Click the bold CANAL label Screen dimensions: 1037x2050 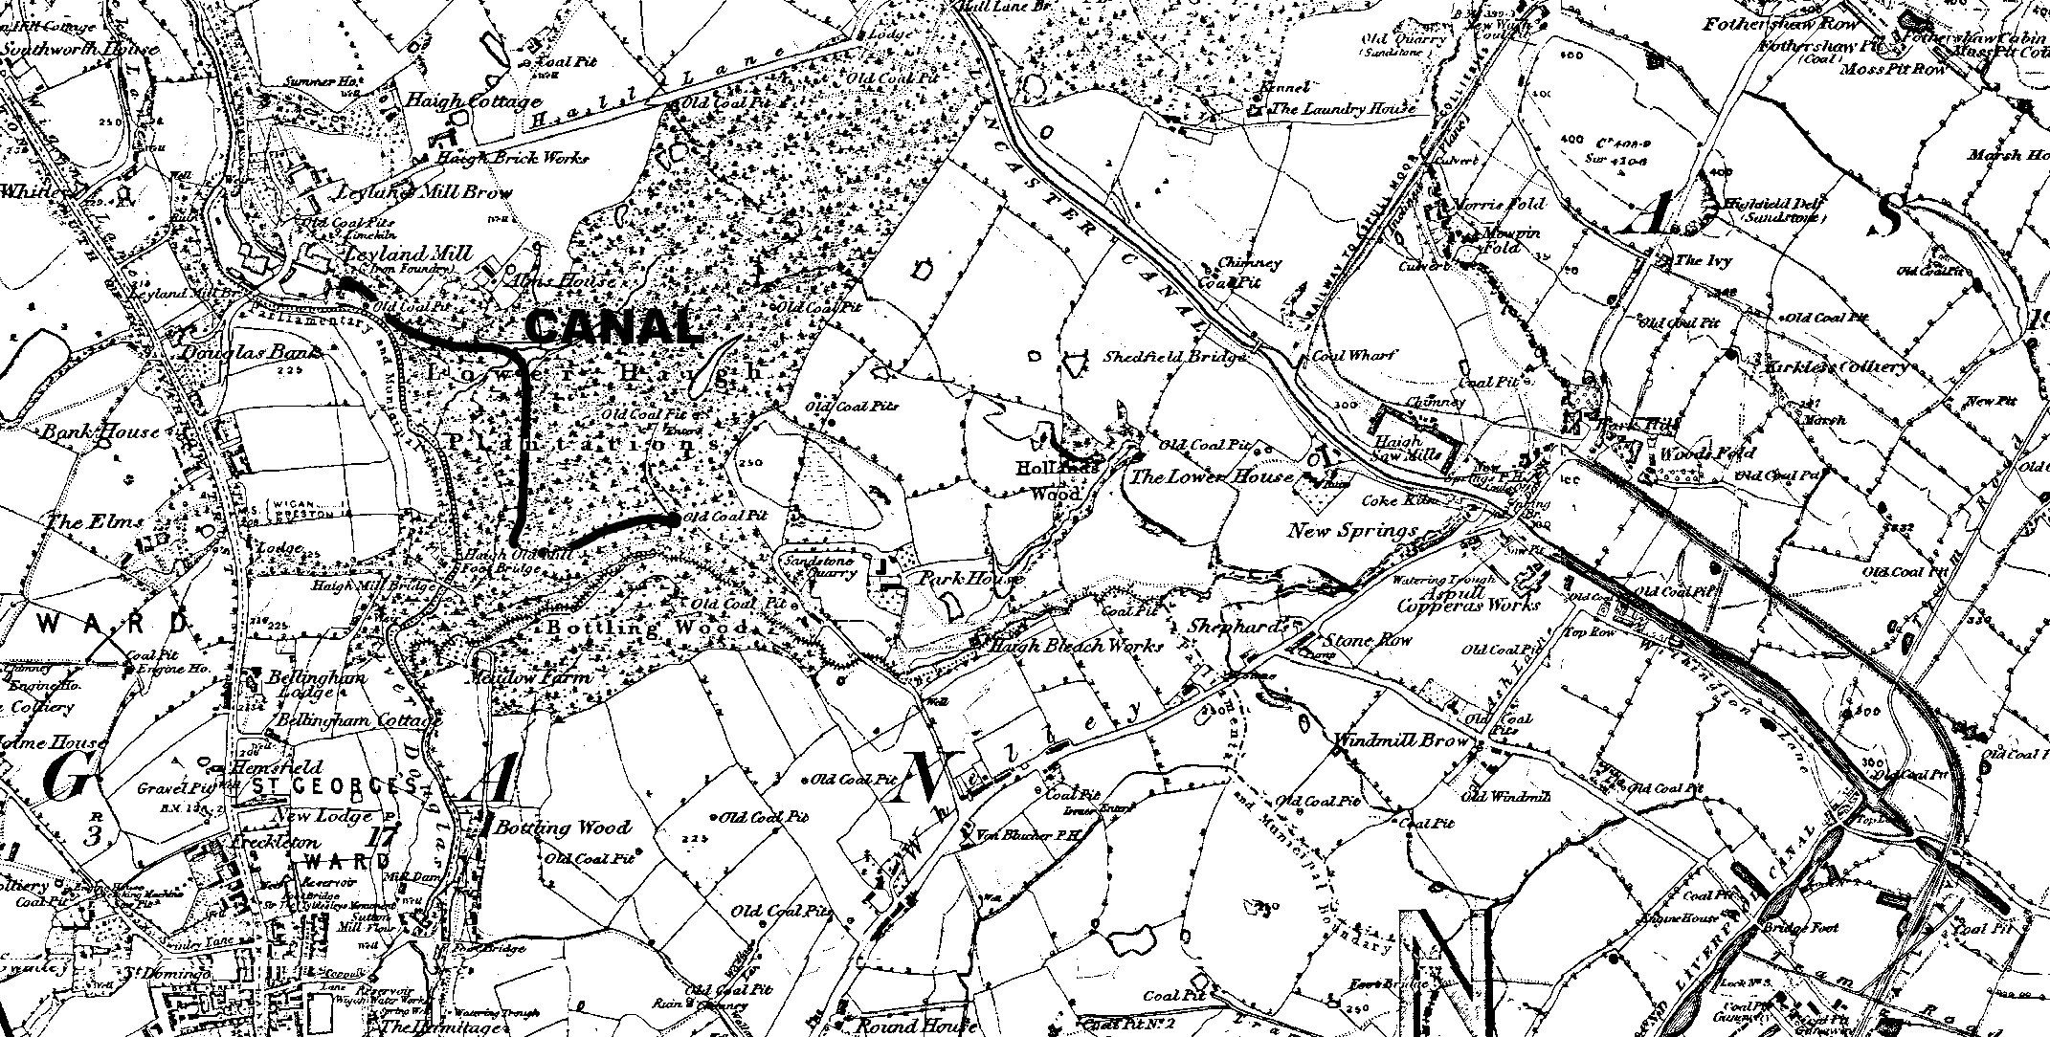[x=613, y=327]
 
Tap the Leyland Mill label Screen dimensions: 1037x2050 [x=394, y=254]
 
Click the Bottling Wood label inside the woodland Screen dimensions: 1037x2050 [x=647, y=629]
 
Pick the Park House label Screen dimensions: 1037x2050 [x=970, y=579]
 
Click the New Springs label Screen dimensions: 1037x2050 [x=1352, y=530]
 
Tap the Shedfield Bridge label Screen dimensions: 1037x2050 [x=1175, y=357]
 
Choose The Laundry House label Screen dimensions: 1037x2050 [x=1342, y=109]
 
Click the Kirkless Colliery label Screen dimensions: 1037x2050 [x=1830, y=366]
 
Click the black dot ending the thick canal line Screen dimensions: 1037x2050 [x=676, y=518]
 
